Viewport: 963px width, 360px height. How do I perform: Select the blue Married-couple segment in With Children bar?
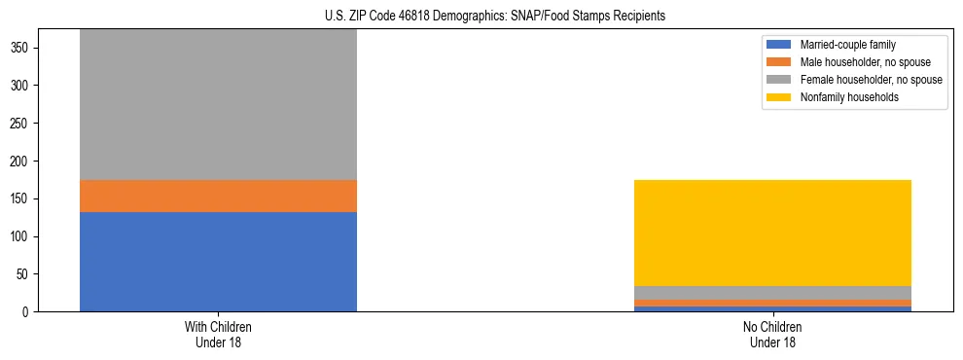point(218,262)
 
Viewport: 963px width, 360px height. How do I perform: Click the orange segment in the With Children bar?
point(218,196)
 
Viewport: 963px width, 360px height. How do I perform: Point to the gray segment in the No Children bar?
point(772,293)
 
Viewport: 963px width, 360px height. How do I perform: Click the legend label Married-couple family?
point(847,45)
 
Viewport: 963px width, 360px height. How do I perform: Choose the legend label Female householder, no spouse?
point(871,80)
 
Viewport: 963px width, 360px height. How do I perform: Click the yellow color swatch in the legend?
point(779,97)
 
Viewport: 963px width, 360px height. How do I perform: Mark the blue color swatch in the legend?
point(779,45)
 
